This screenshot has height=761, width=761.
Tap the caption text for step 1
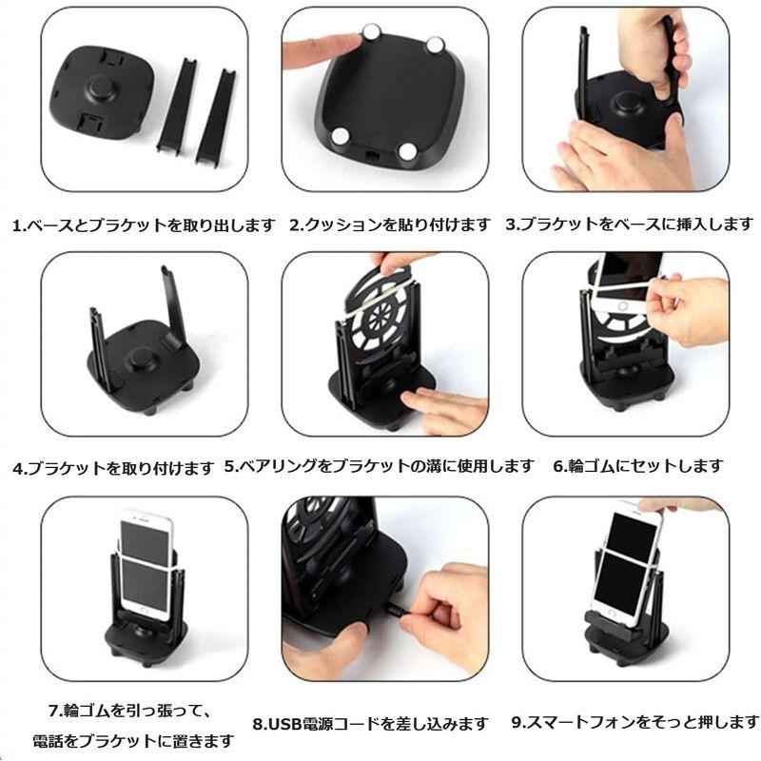(x=144, y=225)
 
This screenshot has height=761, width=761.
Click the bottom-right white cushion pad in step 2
(x=408, y=150)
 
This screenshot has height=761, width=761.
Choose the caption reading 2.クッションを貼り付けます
(x=390, y=225)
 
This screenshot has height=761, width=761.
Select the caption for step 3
(x=629, y=225)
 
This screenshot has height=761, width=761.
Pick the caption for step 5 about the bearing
(x=380, y=466)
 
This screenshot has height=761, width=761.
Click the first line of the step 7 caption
(x=135, y=711)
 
